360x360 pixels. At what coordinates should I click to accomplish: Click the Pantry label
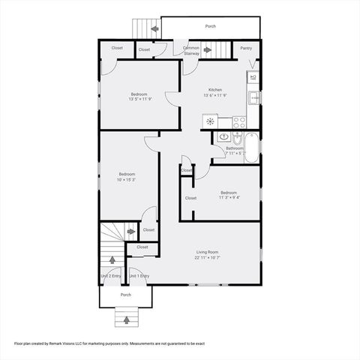click(246, 49)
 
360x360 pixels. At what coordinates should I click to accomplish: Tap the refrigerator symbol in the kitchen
click(253, 77)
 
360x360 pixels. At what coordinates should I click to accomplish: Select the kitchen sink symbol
click(253, 97)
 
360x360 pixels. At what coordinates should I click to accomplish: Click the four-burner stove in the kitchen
click(239, 120)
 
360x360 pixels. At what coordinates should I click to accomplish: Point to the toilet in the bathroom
click(237, 139)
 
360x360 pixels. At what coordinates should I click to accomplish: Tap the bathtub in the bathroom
click(252, 148)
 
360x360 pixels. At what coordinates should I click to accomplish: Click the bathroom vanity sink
click(223, 137)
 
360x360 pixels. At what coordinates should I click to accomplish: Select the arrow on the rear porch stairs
click(154, 28)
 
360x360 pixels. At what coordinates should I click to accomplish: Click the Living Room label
click(207, 252)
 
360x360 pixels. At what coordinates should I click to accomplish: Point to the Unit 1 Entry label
click(139, 276)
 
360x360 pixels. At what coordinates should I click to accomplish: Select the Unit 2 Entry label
click(111, 276)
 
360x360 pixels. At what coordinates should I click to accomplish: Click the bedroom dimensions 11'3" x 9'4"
click(228, 198)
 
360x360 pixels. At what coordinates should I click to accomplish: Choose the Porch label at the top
click(211, 26)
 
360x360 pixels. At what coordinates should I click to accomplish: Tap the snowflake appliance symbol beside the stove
click(210, 121)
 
